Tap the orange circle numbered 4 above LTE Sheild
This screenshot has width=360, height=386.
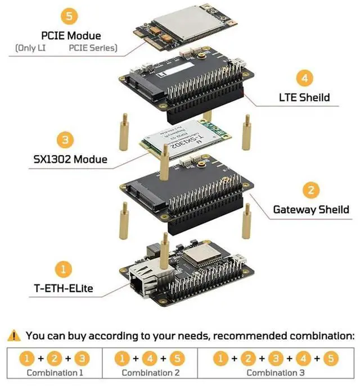[304, 78]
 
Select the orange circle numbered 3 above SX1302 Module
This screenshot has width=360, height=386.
[66, 140]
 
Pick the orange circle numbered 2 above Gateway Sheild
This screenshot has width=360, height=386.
[310, 189]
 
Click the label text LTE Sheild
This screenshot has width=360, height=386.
[304, 97]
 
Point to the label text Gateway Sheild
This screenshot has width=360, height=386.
[310, 210]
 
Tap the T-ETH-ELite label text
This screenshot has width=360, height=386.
[63, 289]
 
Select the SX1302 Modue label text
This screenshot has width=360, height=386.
[66, 159]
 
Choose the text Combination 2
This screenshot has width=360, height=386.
[150, 373]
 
